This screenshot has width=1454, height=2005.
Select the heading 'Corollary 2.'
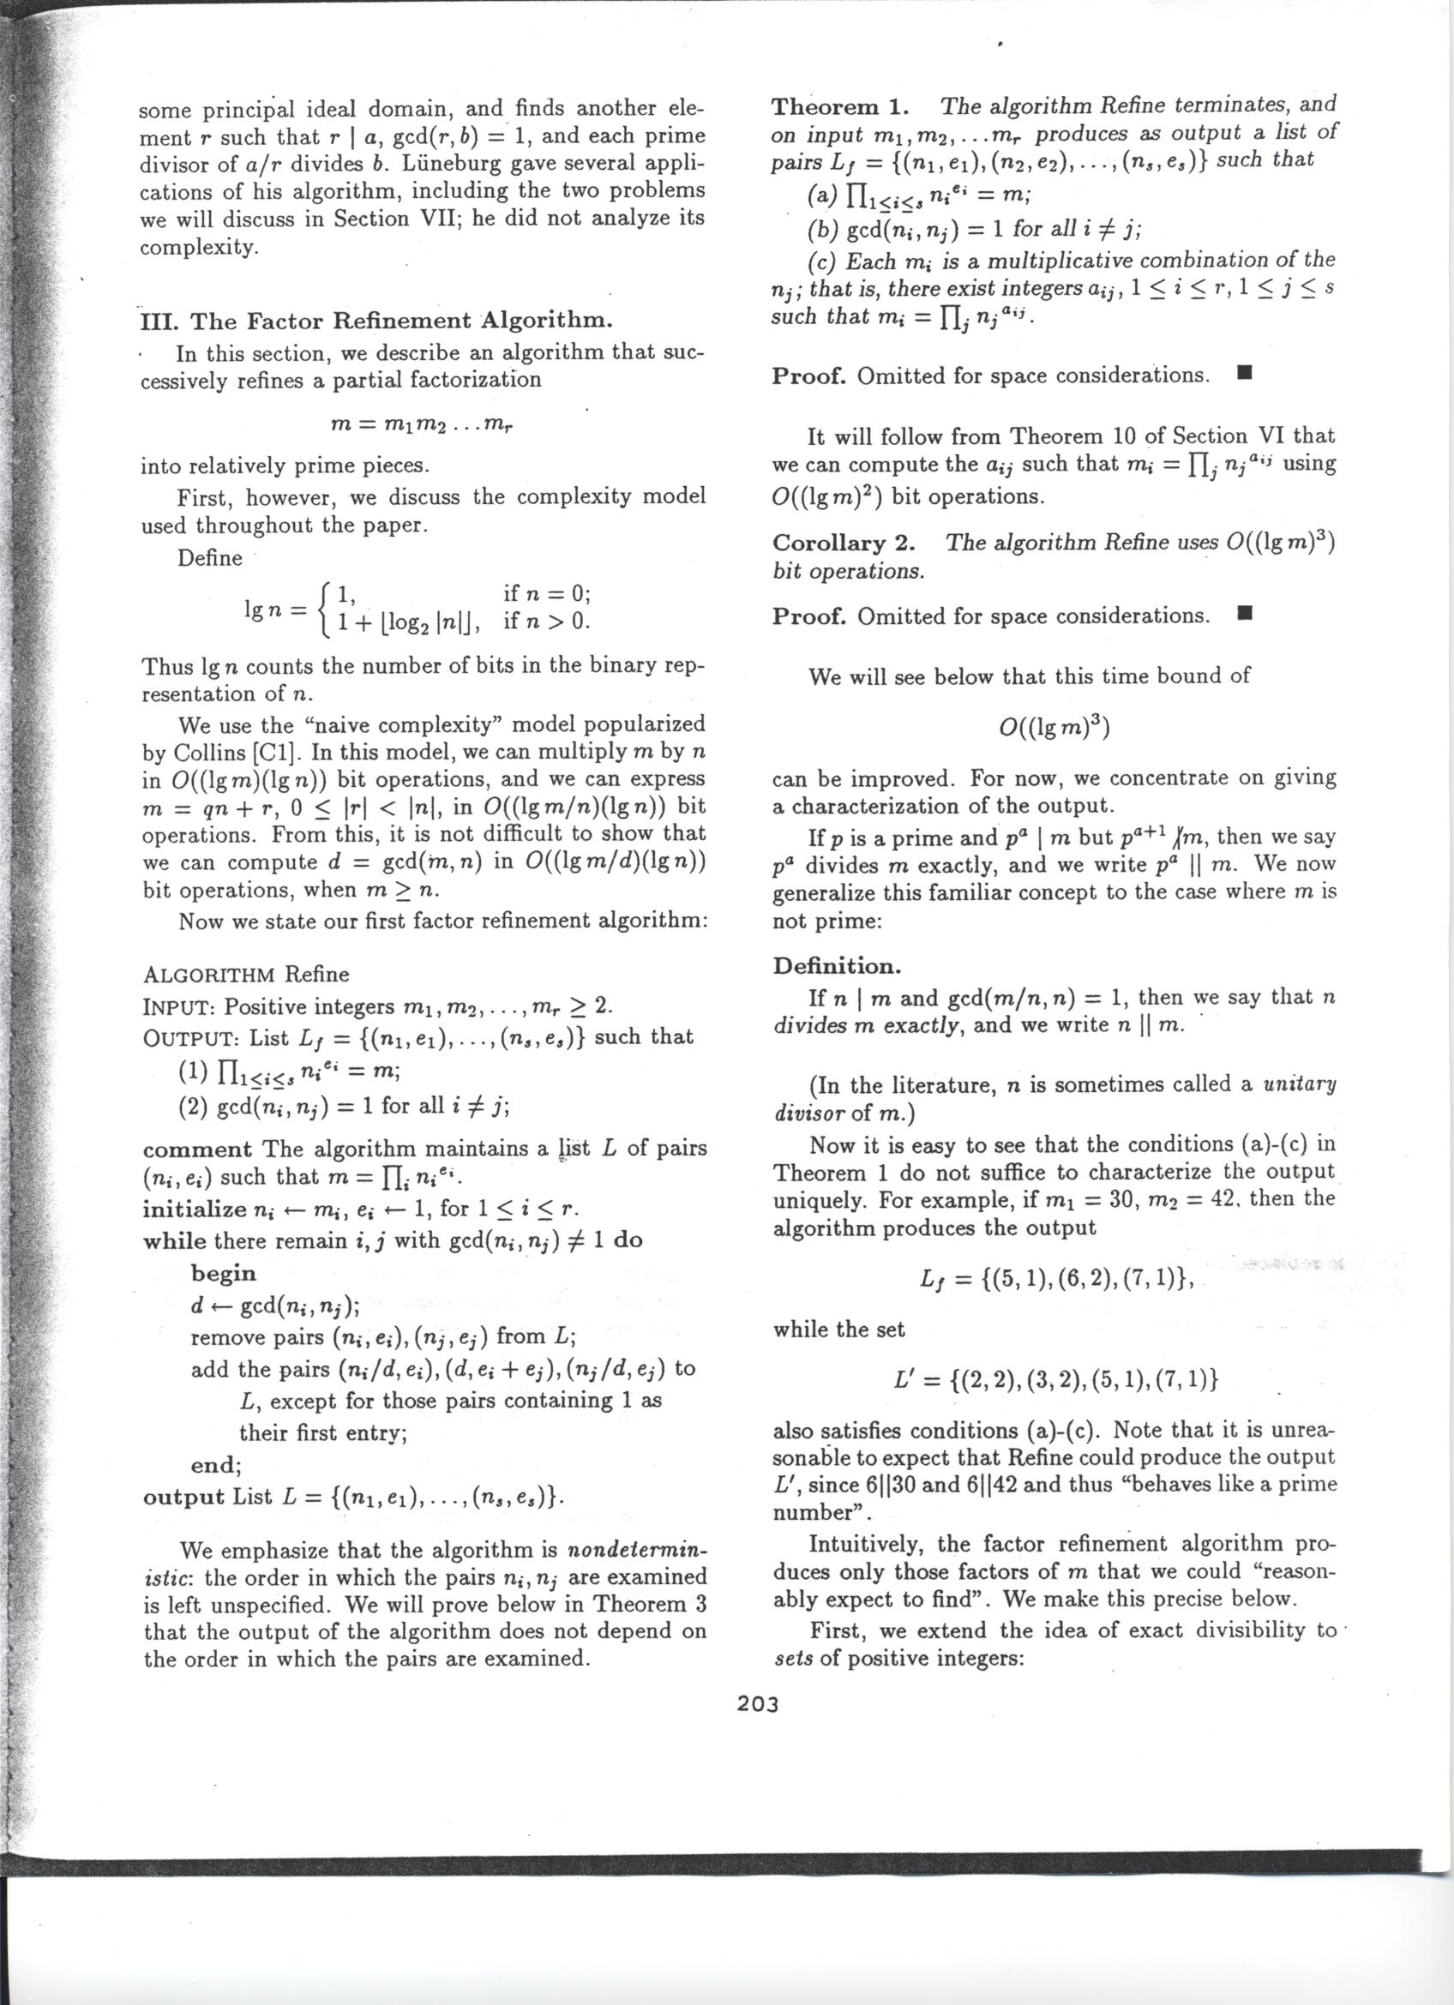[844, 542]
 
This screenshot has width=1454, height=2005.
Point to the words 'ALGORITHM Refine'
[246, 975]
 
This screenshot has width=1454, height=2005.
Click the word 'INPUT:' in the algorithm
[179, 1008]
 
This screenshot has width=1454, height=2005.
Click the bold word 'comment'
[197, 1150]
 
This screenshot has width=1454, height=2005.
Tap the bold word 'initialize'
[195, 1209]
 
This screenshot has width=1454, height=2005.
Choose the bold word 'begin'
[223, 1273]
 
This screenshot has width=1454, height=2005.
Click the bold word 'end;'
[216, 1465]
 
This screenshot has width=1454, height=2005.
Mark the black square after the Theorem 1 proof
[1245, 375]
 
